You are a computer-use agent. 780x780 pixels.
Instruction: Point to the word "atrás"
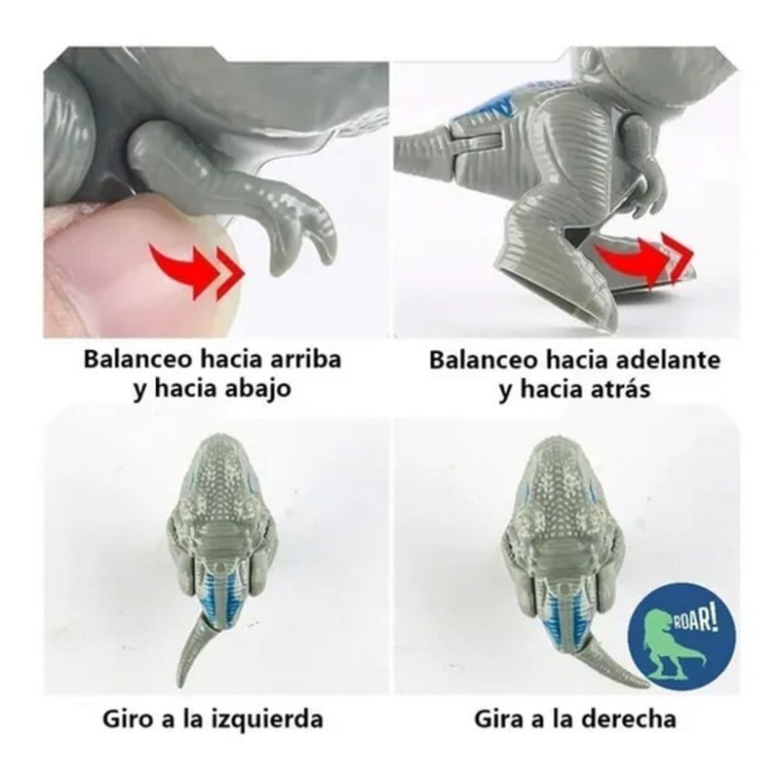click(x=620, y=389)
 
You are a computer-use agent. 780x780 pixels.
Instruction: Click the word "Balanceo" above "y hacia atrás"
click(x=485, y=360)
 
